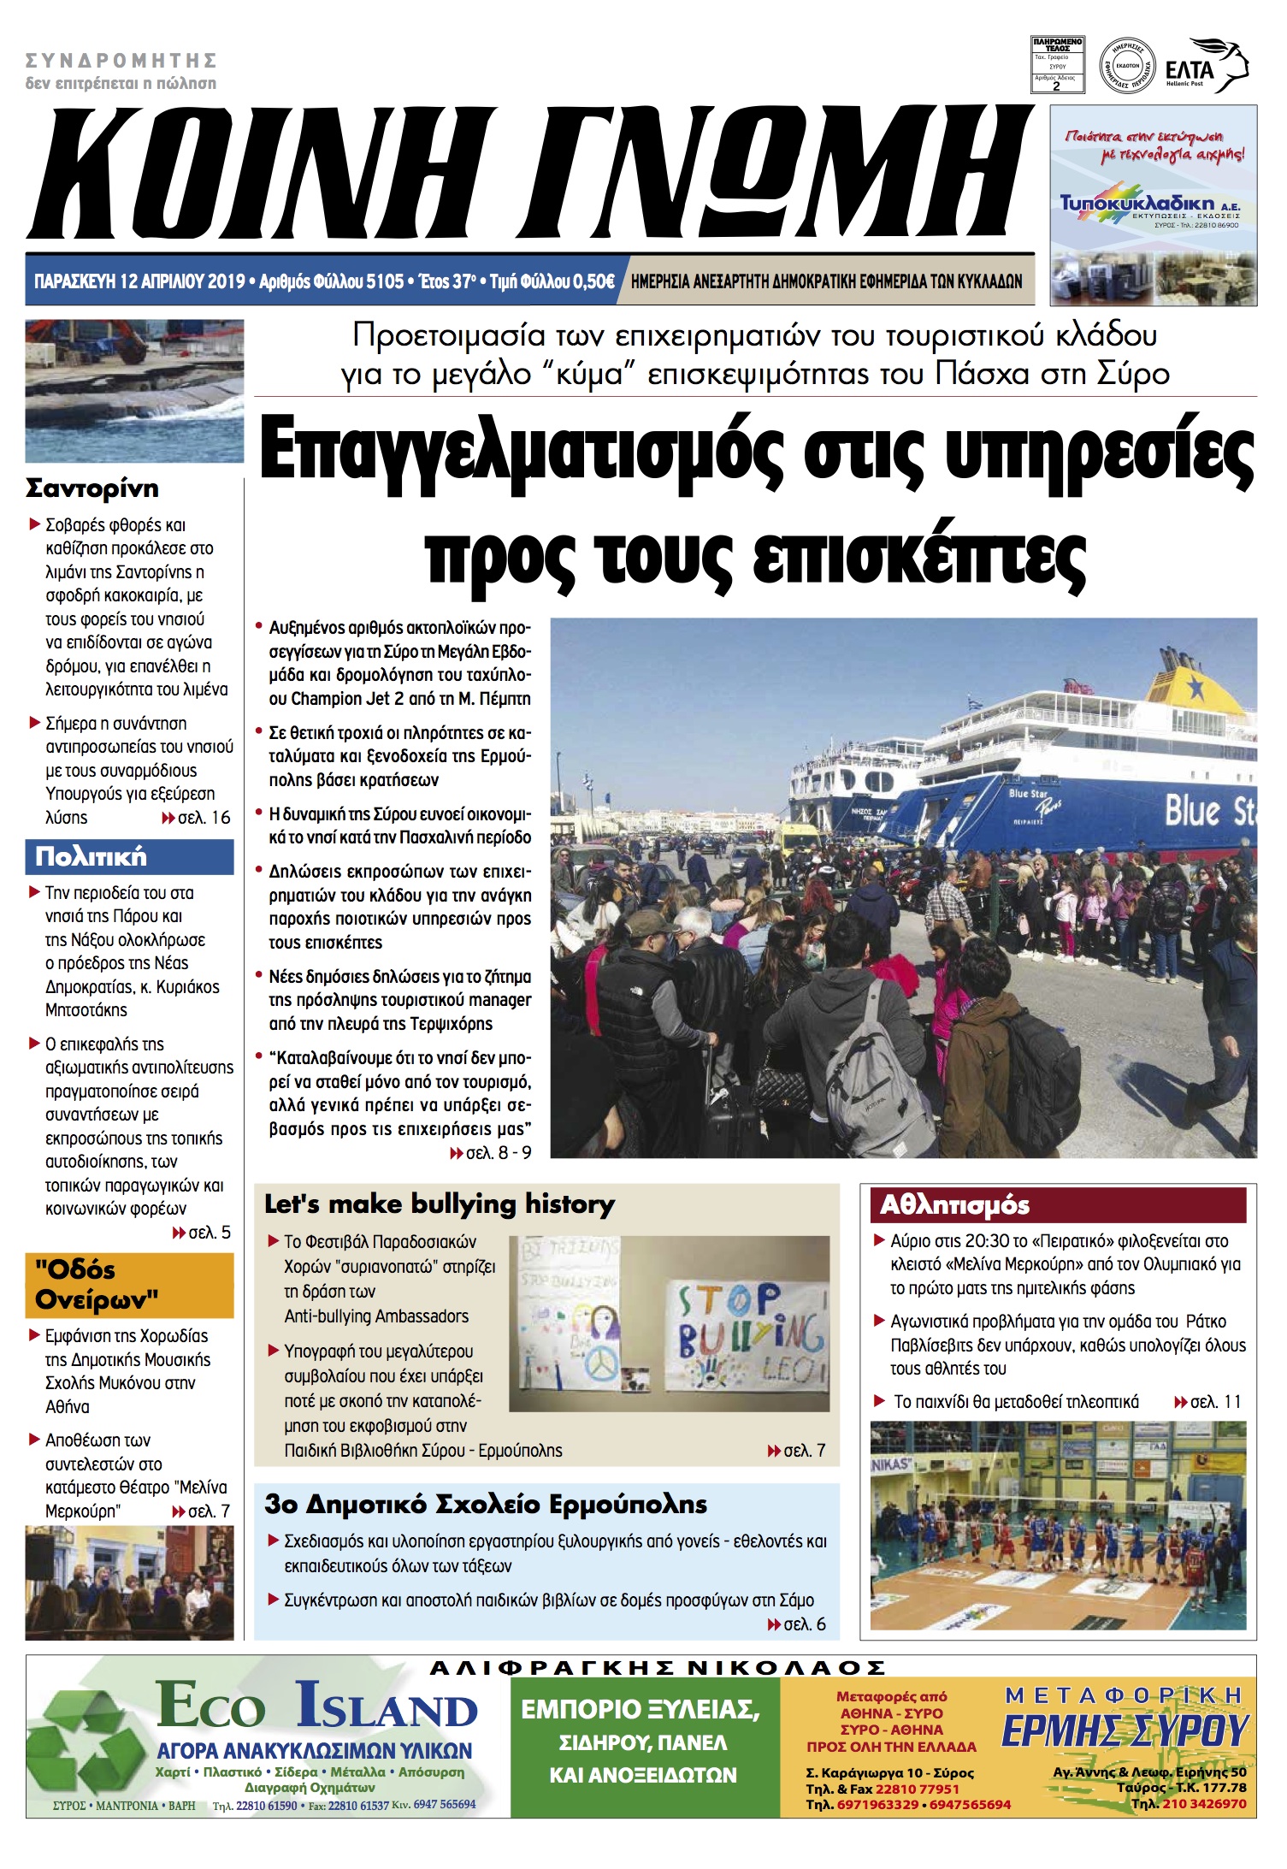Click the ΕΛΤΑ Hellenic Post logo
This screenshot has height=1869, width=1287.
(1206, 66)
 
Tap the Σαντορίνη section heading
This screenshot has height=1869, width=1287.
(92, 488)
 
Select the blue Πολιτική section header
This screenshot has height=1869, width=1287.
(129, 856)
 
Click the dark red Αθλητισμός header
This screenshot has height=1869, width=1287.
(1057, 1204)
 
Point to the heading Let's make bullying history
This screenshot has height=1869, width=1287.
(440, 1204)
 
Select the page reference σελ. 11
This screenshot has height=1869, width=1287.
(1207, 1401)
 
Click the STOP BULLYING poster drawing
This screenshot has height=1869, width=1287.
(746, 1336)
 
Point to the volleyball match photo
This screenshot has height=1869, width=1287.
(1058, 1525)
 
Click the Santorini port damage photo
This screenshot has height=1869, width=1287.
(134, 390)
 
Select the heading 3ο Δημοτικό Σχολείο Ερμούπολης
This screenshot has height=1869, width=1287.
(486, 1503)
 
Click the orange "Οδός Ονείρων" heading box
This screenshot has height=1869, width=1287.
(129, 1285)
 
